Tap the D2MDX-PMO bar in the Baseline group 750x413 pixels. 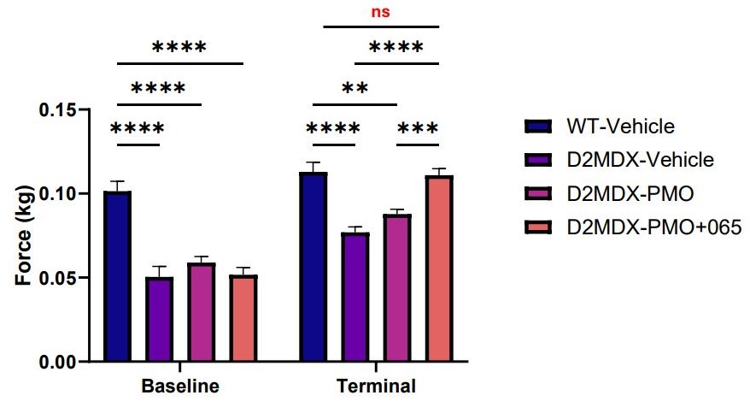[x=201, y=312]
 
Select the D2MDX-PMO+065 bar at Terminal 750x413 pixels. [x=439, y=268]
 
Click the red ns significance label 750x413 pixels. [x=380, y=13]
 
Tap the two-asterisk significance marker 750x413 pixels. [x=355, y=89]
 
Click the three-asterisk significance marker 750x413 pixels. [x=419, y=129]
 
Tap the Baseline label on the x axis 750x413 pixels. [x=180, y=386]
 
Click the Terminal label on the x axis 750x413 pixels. [x=377, y=386]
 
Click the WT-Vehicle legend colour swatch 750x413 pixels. [x=537, y=127]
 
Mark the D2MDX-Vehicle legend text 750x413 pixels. [x=640, y=160]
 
